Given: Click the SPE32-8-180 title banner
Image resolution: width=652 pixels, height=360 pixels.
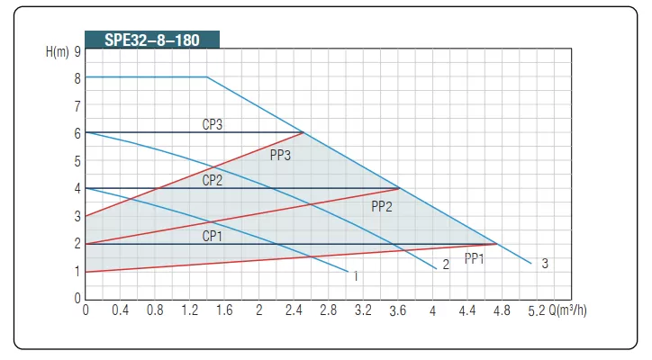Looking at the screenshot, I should [150, 40].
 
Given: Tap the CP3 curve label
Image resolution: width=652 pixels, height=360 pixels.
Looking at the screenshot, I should [213, 124].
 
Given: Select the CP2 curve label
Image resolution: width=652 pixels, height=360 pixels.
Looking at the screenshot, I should [213, 180].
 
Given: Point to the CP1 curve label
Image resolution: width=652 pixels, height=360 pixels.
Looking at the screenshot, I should [213, 236].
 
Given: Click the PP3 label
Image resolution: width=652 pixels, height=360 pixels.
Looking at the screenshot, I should [280, 155].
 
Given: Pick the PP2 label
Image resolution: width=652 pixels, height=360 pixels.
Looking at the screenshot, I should [382, 206].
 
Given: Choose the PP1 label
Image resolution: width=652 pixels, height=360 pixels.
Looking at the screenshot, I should [475, 258].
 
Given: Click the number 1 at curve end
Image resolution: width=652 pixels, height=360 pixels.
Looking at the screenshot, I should [356, 276].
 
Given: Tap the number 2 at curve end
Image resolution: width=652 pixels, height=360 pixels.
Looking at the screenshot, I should [445, 265].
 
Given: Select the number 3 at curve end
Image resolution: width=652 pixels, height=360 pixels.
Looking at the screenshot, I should [545, 264].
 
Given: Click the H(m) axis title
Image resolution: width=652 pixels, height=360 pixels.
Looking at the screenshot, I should [57, 51].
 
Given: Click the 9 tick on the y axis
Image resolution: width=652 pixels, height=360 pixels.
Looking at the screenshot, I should [77, 51].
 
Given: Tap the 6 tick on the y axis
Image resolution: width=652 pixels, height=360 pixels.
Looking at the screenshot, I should [77, 133].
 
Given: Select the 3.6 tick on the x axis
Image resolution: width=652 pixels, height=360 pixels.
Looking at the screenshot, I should [398, 310].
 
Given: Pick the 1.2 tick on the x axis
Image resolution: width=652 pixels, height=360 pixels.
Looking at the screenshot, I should [189, 310].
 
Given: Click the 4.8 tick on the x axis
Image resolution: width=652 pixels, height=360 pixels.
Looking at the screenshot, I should [503, 310].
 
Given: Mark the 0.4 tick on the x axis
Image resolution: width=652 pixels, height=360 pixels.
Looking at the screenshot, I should [120, 310].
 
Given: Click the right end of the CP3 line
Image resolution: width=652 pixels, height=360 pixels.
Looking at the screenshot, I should [303, 132].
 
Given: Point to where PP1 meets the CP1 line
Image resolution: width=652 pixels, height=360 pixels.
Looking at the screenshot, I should [497, 244].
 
